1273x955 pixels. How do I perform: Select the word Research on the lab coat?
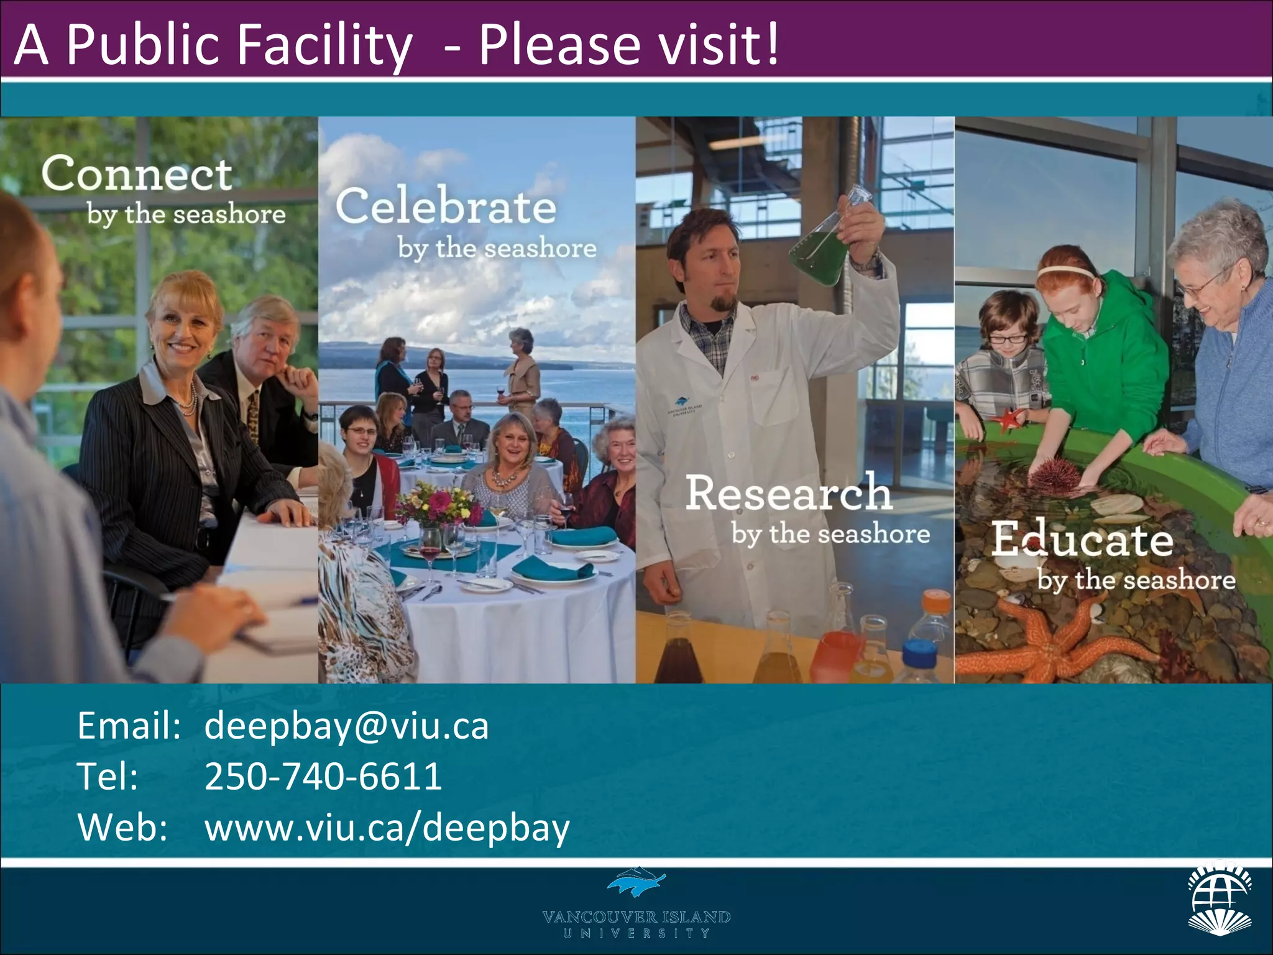point(788,492)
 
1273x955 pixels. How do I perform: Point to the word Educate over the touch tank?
point(1082,539)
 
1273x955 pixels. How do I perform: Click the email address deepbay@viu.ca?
point(346,726)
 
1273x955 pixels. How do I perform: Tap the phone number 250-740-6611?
point(323,776)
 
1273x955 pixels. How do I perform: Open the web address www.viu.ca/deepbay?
point(387,828)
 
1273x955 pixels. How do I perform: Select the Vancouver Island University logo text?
point(636,923)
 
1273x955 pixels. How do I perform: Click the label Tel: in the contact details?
point(108,777)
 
